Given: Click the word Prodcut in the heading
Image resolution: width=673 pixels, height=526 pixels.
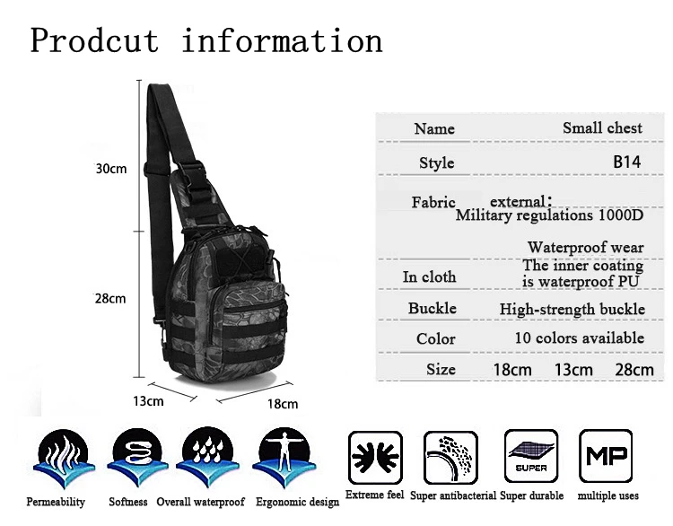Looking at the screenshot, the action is pos(94,40).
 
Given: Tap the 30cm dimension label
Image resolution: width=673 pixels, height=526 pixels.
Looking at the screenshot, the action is pos(111,168).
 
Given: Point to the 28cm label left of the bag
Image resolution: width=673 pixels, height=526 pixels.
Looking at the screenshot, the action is pos(111,298).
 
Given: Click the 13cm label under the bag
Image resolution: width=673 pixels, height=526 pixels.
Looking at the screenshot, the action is pos(149,400).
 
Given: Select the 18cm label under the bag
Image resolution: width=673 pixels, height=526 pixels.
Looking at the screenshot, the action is pos(283,403).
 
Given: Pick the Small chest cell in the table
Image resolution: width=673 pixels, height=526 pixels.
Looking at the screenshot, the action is pos(602,128).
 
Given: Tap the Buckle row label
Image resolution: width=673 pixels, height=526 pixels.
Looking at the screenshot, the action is pos(432,309).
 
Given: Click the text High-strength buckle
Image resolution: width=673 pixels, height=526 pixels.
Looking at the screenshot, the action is pos(572,310).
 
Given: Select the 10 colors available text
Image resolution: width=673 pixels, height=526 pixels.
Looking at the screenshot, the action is pos(579,338).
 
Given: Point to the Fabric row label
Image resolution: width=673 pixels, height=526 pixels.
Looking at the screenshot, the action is pos(433,202).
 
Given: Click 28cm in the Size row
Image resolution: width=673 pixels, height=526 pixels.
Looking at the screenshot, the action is pos(634,370).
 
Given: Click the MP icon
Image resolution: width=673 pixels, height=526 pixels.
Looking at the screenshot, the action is pos(607,457).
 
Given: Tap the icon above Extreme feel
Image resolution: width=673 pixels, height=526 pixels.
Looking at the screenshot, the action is pos(375,458).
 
